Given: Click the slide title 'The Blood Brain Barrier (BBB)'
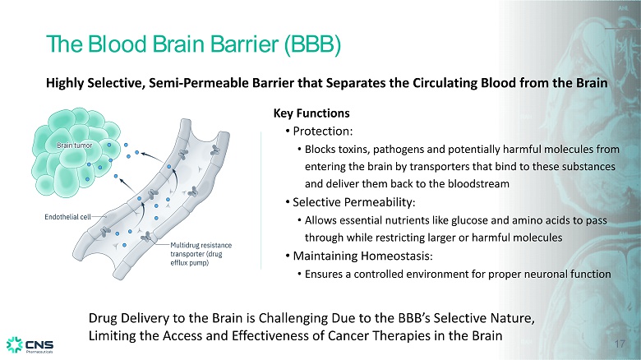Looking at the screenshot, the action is [193, 44].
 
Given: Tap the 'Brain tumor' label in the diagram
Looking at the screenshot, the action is [75, 145].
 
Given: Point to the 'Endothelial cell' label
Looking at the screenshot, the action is [67, 217].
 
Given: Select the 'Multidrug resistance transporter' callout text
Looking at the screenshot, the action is [201, 254].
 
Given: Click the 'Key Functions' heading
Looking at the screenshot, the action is [311, 113].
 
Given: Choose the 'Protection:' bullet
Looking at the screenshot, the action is [322, 132].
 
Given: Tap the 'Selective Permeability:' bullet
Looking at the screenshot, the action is [354, 202].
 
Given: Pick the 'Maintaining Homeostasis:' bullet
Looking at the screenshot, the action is [362, 256].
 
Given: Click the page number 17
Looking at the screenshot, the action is [620, 344].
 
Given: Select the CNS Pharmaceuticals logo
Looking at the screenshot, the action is [30, 345].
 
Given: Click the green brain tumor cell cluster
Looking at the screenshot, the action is [76, 152].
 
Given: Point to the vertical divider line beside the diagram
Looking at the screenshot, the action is [261, 200].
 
